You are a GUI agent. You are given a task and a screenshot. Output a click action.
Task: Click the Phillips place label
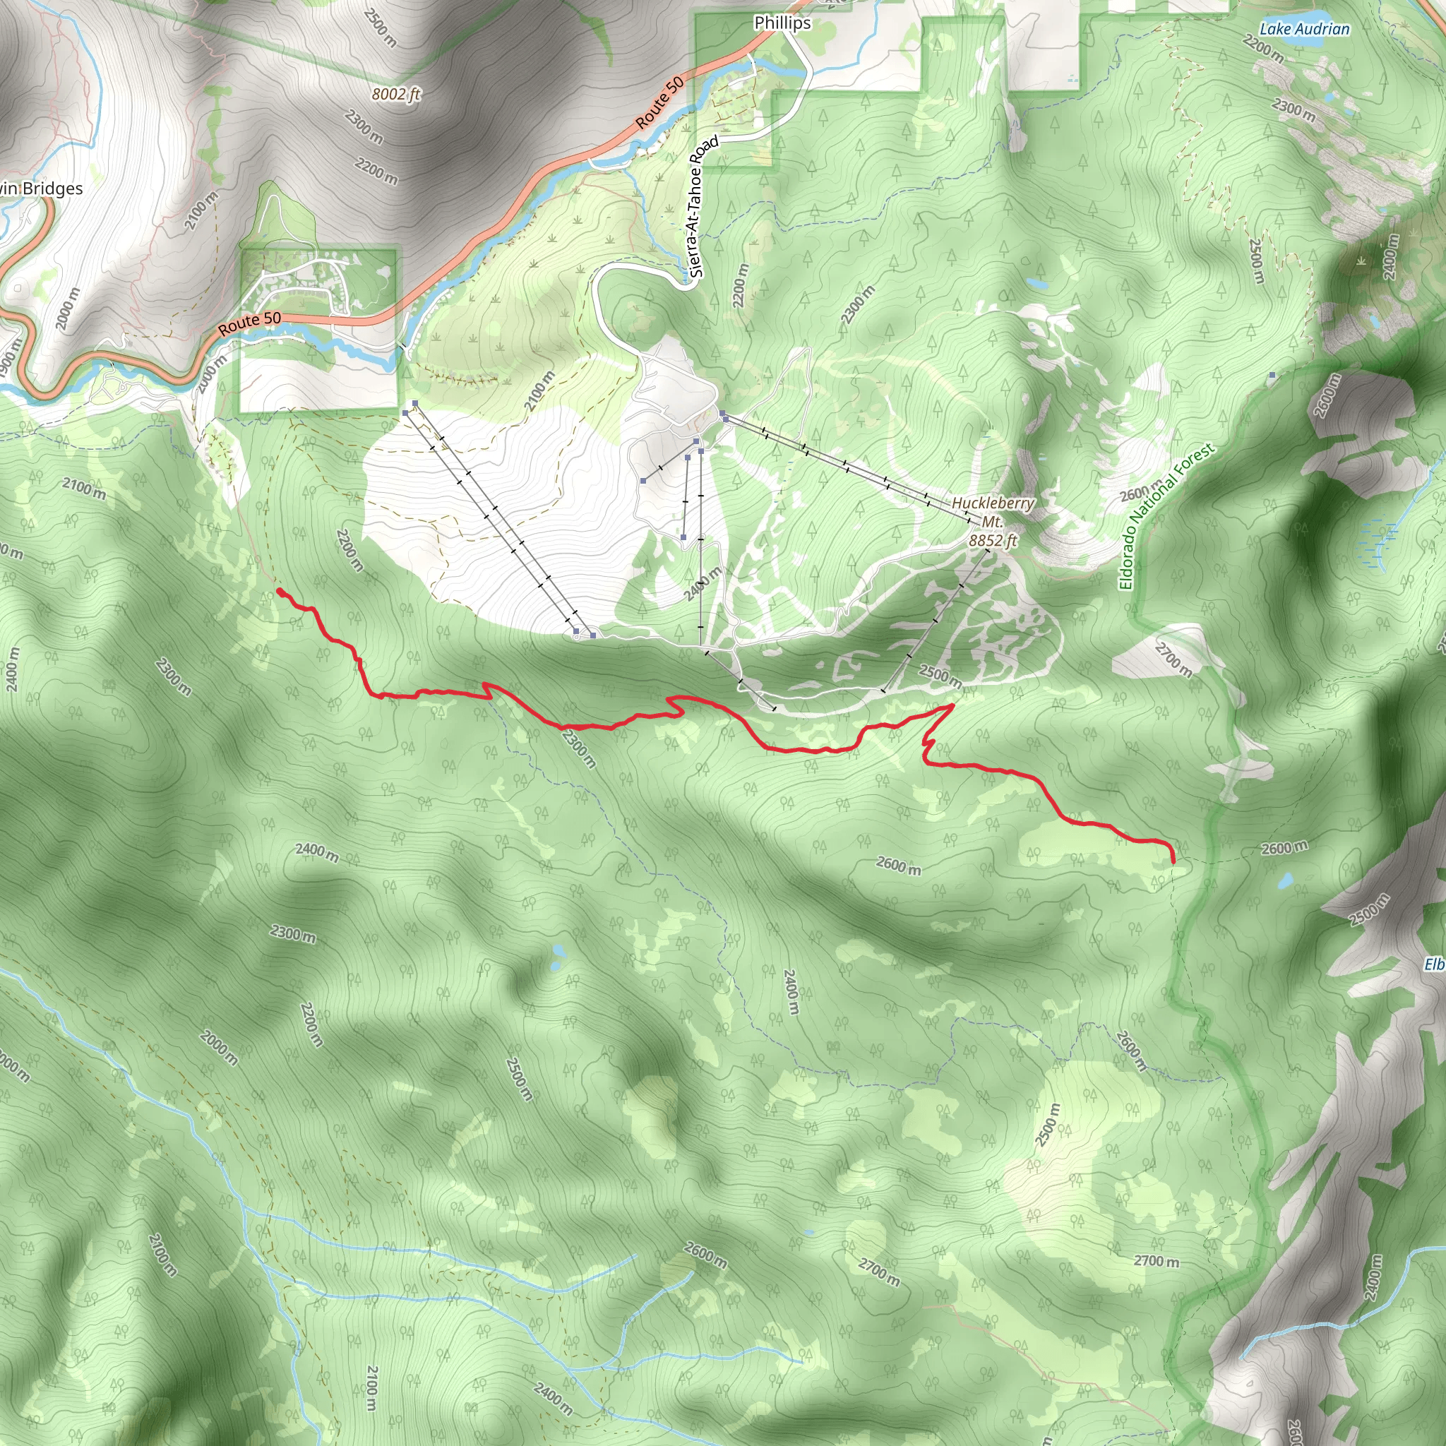pyautogui.click(x=782, y=23)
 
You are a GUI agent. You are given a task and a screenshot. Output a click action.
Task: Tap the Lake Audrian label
pyautogui.click(x=1304, y=29)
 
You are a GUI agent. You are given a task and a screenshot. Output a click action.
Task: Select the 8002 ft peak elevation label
pyautogui.click(x=396, y=95)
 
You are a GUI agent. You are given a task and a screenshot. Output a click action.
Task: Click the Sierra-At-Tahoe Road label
pyautogui.click(x=703, y=208)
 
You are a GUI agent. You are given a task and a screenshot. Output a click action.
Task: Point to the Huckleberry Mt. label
pyautogui.click(x=993, y=512)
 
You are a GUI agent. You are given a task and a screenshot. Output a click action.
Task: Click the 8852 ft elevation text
pyautogui.click(x=993, y=539)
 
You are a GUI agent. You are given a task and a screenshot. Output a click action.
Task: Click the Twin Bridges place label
pyautogui.click(x=41, y=189)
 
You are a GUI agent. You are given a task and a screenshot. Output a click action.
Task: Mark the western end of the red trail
pyautogui.click(x=279, y=591)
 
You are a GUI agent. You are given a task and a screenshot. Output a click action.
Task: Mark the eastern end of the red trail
pyautogui.click(x=1172, y=861)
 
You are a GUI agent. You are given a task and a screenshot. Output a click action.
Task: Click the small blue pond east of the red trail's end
pyautogui.click(x=1284, y=881)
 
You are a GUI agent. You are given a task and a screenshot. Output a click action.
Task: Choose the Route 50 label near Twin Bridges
pyautogui.click(x=249, y=323)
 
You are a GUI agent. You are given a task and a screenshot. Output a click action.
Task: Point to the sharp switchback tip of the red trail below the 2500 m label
pyautogui.click(x=952, y=705)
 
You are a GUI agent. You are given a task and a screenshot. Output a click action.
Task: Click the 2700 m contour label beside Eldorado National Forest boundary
pyautogui.click(x=1173, y=659)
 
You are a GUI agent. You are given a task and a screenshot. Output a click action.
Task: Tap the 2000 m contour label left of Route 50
pyautogui.click(x=67, y=309)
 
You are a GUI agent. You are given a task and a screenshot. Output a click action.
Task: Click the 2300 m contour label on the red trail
pyautogui.click(x=579, y=748)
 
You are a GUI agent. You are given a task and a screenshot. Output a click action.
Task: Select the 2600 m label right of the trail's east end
pyautogui.click(x=1284, y=848)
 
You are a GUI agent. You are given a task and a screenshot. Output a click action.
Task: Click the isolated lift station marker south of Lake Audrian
pyautogui.click(x=1272, y=374)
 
